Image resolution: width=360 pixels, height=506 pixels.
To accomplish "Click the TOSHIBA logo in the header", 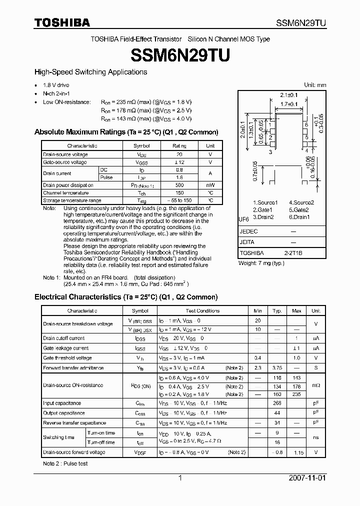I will (x=62, y=22).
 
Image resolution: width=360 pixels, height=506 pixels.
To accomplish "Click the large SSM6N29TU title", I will (x=179, y=55).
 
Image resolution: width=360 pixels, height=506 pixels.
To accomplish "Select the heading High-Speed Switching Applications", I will (x=90, y=72).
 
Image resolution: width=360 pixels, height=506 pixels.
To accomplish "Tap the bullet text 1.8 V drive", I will (x=56, y=85).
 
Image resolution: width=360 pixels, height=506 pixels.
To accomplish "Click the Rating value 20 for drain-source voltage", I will (x=179, y=154).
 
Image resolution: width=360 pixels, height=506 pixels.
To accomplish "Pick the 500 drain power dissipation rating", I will (x=179, y=185).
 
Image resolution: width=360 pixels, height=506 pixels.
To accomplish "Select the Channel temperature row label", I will (x=66, y=192).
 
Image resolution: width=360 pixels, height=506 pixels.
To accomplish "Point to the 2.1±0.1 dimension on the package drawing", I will (x=289, y=95).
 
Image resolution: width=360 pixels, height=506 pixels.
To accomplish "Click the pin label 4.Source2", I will (x=302, y=202).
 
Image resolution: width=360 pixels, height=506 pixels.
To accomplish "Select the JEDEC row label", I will (x=248, y=231).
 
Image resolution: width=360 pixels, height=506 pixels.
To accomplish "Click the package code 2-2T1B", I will (x=293, y=253).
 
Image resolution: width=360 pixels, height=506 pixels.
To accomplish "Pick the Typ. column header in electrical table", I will (x=277, y=310).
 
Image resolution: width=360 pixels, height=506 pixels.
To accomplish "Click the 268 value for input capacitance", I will (x=277, y=403).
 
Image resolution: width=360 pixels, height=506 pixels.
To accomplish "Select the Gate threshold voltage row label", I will (x=67, y=358).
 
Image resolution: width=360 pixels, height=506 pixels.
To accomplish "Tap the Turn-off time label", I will (x=101, y=442).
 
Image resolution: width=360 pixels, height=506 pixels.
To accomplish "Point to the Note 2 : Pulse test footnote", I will (x=65, y=463).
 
